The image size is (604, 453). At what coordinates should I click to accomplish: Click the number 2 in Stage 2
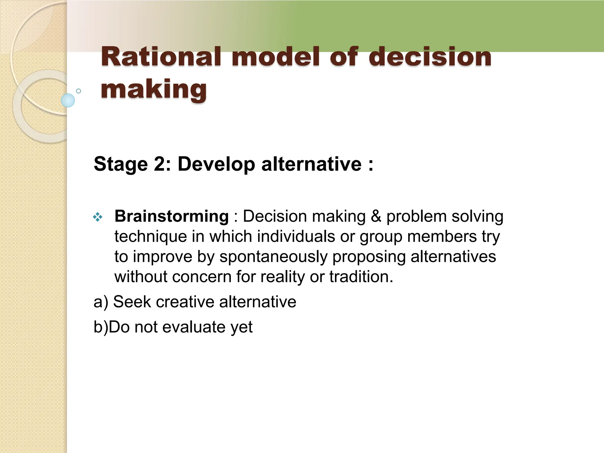[x=160, y=164]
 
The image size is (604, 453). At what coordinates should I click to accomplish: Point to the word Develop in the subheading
[x=216, y=164]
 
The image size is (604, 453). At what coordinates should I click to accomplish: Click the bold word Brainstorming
[x=171, y=216]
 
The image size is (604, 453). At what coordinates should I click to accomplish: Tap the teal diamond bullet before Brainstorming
[x=98, y=218]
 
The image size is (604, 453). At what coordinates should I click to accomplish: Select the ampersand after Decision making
[x=376, y=216]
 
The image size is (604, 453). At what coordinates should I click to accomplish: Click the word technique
[x=150, y=237]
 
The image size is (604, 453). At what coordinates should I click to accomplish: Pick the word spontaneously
[x=273, y=257]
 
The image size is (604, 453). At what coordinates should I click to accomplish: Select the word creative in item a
[x=185, y=302]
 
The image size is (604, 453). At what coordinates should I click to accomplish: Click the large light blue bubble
[x=68, y=100]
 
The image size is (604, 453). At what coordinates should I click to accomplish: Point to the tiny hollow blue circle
[x=78, y=91]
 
